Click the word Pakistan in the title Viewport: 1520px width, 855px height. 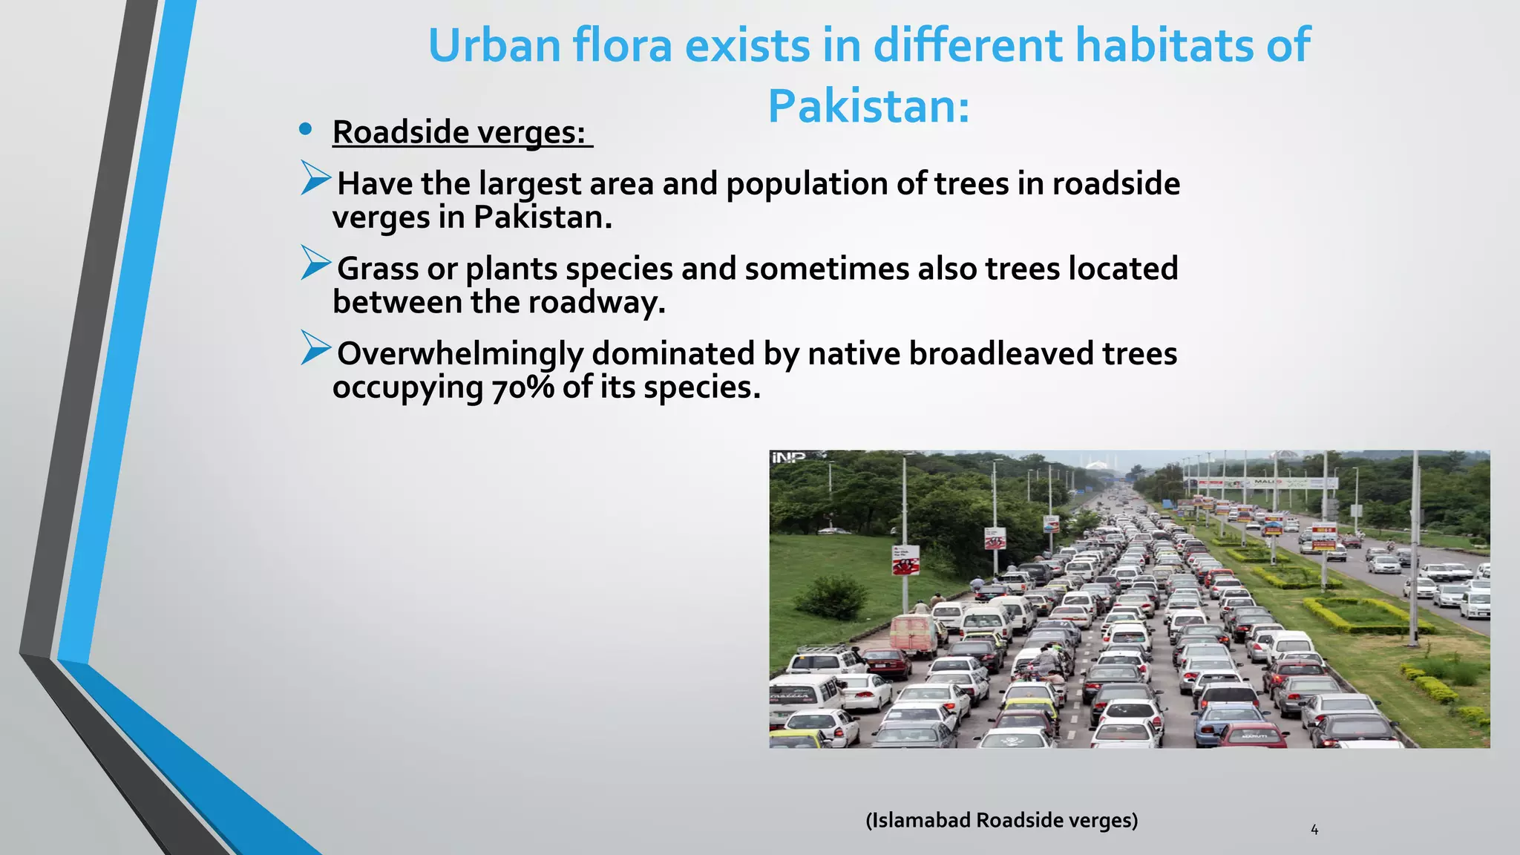pyautogui.click(x=868, y=106)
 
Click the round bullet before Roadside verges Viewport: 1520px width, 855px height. pyautogui.click(x=305, y=130)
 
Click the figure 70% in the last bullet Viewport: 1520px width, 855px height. pyautogui.click(x=522, y=387)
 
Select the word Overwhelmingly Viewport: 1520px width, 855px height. pyautogui.click(x=460, y=353)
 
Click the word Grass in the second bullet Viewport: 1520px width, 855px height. pyautogui.click(x=378, y=269)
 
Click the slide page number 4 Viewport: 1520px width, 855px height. pyautogui.click(x=1314, y=830)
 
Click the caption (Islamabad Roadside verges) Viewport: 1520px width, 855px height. pyautogui.click(x=1001, y=820)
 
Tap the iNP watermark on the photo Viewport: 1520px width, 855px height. pyautogui.click(x=787, y=457)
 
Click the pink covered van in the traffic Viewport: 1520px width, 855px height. pyautogui.click(x=914, y=635)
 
